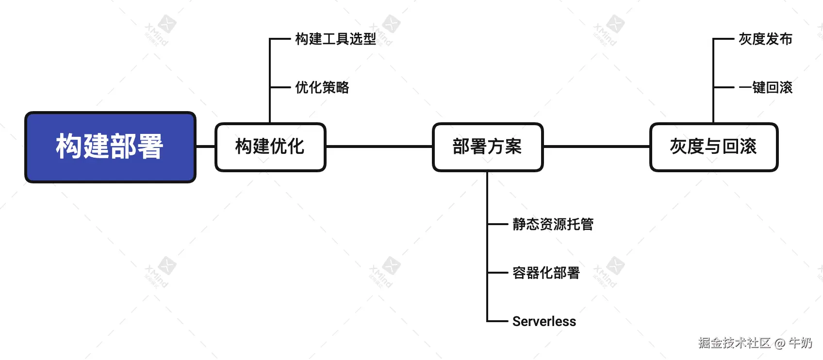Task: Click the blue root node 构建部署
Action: (x=110, y=147)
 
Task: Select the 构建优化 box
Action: (x=270, y=147)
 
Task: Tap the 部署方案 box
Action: (x=487, y=147)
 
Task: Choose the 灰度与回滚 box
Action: (x=713, y=147)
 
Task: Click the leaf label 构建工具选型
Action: (x=335, y=39)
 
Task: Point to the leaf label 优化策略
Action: (x=322, y=87)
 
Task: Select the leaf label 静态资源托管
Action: (x=553, y=224)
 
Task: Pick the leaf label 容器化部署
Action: (x=546, y=273)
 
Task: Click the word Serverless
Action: (x=544, y=321)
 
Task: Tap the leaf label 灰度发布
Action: (x=765, y=39)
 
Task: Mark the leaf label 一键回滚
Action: (x=765, y=87)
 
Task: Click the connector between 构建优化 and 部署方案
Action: (x=379, y=146)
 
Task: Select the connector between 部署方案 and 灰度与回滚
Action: (x=596, y=146)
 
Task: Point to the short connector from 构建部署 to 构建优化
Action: (x=206, y=146)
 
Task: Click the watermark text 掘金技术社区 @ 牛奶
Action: (x=755, y=343)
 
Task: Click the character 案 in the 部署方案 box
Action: (x=513, y=147)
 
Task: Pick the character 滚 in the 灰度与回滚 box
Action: (x=748, y=147)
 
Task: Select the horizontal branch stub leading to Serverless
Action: (x=497, y=321)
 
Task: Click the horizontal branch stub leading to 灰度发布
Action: (x=723, y=39)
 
